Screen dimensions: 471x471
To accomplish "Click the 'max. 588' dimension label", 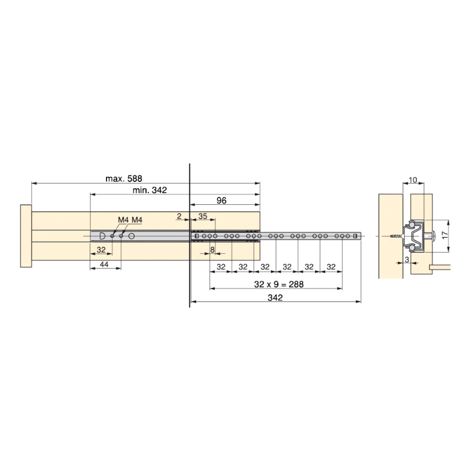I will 124,178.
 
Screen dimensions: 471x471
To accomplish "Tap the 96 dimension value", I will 221,201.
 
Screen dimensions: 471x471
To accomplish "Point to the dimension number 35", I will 203,216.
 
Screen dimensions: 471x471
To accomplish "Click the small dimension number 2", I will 179,216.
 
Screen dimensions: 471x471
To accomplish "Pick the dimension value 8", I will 213,250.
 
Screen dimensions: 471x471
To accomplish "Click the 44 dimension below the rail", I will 104,265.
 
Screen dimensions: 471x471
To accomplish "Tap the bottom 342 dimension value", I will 275,298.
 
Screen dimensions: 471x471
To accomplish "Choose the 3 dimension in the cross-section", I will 407,260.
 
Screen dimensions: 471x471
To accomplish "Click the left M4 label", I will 122,220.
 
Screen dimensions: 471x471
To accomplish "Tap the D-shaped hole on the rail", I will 102,235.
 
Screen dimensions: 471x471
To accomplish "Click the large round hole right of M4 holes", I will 131,235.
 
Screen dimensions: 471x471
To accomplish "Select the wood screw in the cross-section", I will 394,235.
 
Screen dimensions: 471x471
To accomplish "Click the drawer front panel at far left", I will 25,235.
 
